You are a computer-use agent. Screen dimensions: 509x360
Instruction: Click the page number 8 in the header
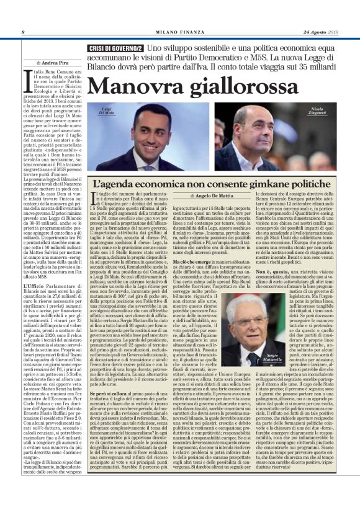tap(22, 32)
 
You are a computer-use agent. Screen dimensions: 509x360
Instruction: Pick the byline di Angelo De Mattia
tap(207, 196)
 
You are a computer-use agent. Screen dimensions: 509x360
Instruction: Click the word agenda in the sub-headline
tap(122, 184)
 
